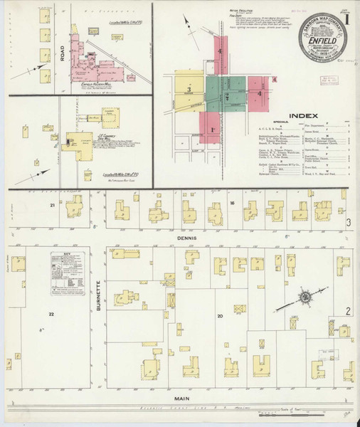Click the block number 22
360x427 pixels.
pyautogui.click(x=51, y=313)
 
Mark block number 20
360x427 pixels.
pyautogui.click(x=220, y=315)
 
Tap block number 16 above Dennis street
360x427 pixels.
pyautogui.click(x=233, y=204)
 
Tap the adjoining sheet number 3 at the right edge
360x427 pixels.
pyautogui.click(x=349, y=223)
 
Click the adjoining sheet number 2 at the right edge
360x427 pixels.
pyautogui.click(x=348, y=311)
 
